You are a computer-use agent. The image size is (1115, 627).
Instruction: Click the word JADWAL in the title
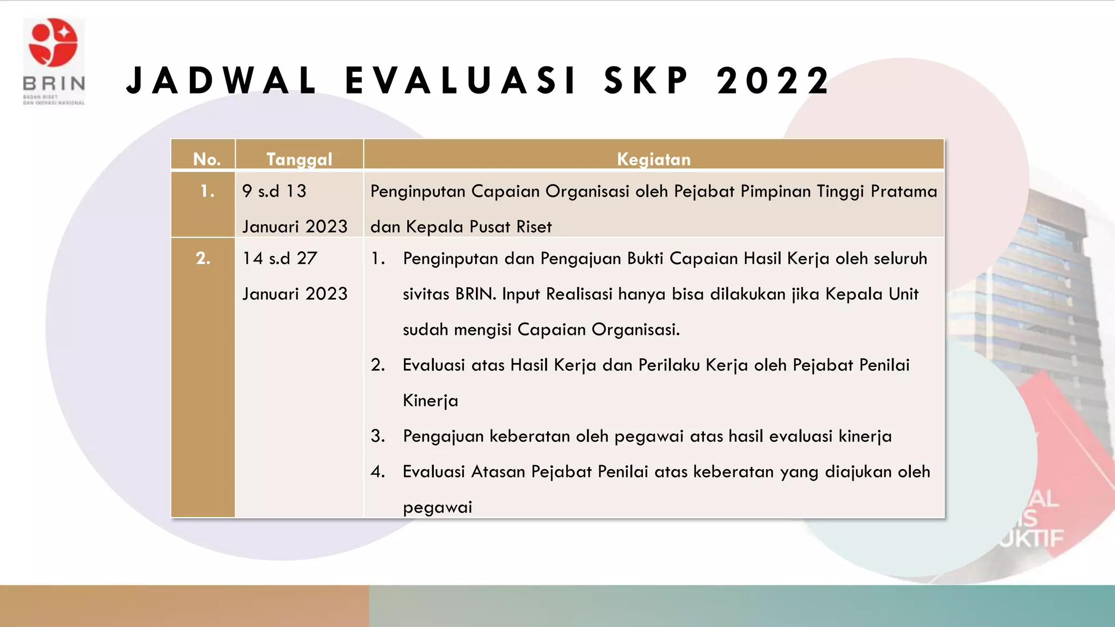click(x=221, y=81)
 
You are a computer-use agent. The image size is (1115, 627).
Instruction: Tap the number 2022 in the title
click(x=773, y=81)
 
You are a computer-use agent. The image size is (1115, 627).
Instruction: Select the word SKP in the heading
click(x=647, y=81)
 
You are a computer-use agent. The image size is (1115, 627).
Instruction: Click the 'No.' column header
click(x=207, y=159)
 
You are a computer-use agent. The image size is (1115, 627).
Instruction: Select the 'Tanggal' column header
click(x=299, y=159)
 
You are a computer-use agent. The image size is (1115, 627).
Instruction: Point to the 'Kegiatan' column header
click(x=653, y=159)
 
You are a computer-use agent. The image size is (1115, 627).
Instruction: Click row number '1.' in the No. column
click(x=207, y=191)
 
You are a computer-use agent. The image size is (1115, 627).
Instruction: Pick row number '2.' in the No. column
click(x=203, y=258)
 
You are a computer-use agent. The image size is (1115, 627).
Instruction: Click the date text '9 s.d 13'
click(x=274, y=191)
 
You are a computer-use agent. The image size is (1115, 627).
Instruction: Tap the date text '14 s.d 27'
click(x=280, y=258)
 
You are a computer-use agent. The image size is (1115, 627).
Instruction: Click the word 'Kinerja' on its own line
click(x=430, y=401)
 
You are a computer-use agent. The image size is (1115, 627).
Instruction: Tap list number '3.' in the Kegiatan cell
click(x=378, y=436)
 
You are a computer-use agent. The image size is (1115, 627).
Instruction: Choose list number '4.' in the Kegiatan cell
click(x=378, y=471)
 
